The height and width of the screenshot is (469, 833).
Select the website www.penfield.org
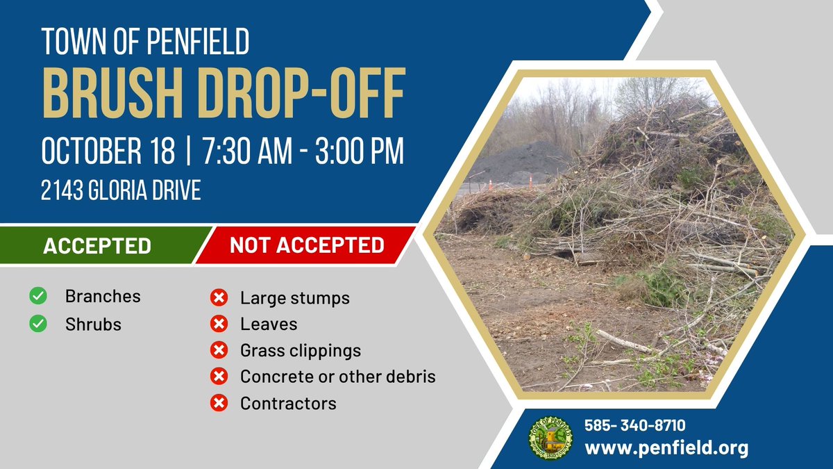(x=666, y=447)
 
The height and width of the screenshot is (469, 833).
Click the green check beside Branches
(x=38, y=297)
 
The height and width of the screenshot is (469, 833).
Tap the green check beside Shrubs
(x=38, y=324)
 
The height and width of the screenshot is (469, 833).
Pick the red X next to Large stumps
(x=219, y=299)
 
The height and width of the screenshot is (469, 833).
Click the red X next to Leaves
(x=219, y=324)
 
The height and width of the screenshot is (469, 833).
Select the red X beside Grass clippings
(x=219, y=351)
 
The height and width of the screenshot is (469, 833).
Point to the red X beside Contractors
(x=219, y=403)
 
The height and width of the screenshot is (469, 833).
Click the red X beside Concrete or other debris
(x=219, y=377)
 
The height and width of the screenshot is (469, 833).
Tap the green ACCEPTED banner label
(x=97, y=245)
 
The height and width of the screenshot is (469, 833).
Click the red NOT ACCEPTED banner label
(x=307, y=245)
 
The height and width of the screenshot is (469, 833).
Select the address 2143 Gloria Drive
(x=121, y=190)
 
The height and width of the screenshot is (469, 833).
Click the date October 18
(x=108, y=151)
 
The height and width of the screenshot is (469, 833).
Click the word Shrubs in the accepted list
(x=93, y=324)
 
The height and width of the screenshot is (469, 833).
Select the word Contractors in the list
(x=288, y=404)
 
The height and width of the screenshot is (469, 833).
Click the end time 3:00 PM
(x=358, y=151)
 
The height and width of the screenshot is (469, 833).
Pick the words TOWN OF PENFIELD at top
(x=145, y=43)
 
